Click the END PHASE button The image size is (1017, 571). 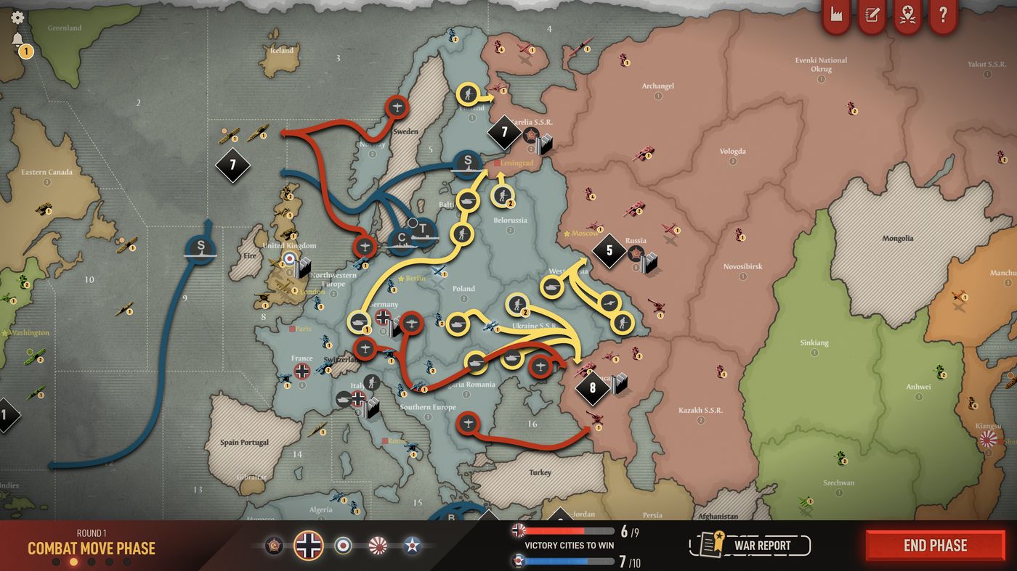935,546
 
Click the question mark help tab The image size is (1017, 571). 943,15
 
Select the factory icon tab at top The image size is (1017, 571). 836,15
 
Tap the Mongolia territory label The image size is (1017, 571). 898,238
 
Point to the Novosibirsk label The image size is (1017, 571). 742,266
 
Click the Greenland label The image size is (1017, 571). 65,28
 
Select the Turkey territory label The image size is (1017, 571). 540,472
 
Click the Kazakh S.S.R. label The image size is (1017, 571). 700,410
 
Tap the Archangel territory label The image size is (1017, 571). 657,86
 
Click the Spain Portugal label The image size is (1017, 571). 244,442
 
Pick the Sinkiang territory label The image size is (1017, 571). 814,342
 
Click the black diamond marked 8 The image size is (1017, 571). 593,388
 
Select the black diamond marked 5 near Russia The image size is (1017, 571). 609,251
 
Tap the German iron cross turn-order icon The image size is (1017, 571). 309,544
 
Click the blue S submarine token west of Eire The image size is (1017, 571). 201,247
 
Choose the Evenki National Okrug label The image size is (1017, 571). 822,65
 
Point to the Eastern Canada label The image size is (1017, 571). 47,172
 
